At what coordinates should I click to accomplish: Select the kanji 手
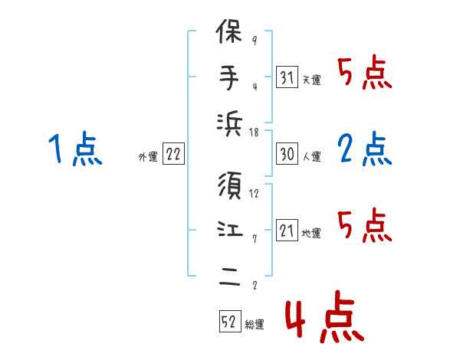click(230, 79)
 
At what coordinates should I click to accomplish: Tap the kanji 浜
click(230, 126)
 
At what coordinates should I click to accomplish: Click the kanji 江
click(230, 231)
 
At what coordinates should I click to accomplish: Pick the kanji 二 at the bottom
click(230, 278)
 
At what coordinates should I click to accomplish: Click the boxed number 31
click(287, 78)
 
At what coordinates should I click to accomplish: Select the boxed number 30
click(287, 155)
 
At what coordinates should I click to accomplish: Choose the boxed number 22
click(173, 155)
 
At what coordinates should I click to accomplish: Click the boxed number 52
click(228, 322)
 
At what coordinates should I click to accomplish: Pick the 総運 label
click(254, 325)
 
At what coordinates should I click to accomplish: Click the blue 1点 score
click(74, 149)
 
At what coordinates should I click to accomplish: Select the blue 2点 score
click(365, 149)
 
